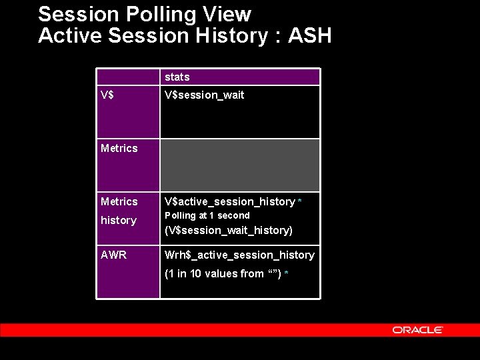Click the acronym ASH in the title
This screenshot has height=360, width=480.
pyautogui.click(x=309, y=35)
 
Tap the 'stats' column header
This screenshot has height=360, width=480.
pyautogui.click(x=177, y=77)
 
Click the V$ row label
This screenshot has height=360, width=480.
pyautogui.click(x=107, y=95)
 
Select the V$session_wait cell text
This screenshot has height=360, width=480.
pyautogui.click(x=204, y=95)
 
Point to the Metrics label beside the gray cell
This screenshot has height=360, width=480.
pyautogui.click(x=119, y=148)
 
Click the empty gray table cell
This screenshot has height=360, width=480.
pyautogui.click(x=240, y=165)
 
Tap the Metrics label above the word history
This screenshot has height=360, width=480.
pyautogui.click(x=119, y=201)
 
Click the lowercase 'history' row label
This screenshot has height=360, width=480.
pyautogui.click(x=118, y=220)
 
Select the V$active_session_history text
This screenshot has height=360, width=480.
pyautogui.click(x=229, y=201)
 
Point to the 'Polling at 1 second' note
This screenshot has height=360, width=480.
pyautogui.click(x=207, y=215)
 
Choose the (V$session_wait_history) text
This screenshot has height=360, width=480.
pyautogui.click(x=228, y=230)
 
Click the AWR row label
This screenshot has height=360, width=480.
pyautogui.click(x=113, y=255)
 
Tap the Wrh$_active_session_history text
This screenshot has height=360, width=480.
pyautogui.click(x=239, y=255)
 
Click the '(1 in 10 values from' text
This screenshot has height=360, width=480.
pyautogui.click(x=213, y=273)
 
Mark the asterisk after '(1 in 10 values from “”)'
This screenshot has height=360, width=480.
pyautogui.click(x=286, y=274)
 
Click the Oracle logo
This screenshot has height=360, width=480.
pyautogui.click(x=417, y=330)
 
